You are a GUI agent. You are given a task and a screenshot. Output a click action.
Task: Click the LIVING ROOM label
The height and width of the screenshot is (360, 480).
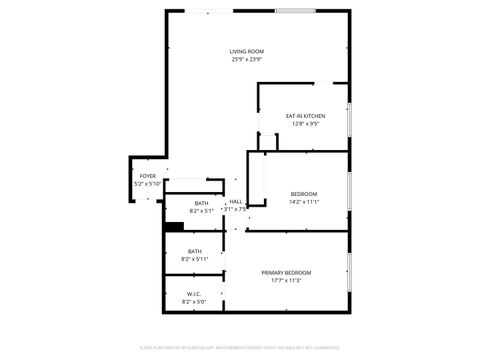[247, 51]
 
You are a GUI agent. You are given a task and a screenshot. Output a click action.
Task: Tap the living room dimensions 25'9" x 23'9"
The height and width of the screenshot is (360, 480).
[247, 59]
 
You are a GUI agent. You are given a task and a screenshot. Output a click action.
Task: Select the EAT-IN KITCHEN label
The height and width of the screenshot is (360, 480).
[306, 117]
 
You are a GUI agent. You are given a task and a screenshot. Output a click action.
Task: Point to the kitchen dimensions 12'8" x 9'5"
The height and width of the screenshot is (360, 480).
[306, 125]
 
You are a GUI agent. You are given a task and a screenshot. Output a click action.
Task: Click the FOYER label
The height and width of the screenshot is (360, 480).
[147, 176]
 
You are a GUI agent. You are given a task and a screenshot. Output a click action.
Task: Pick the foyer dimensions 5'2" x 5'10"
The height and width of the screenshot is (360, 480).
[147, 184]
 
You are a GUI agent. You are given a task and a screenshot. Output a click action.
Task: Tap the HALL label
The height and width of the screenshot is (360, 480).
[236, 202]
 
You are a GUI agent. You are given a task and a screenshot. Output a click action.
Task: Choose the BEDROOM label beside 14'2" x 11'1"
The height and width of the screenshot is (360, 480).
[304, 194]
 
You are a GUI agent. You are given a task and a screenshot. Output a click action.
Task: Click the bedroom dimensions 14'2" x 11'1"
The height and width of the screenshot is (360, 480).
[304, 202]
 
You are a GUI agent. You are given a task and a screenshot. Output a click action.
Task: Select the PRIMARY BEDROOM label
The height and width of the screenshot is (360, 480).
[286, 273]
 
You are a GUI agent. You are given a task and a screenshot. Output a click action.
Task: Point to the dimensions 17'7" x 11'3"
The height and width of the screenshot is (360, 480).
[286, 281]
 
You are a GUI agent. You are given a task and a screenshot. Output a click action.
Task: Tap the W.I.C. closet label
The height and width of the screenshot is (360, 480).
[194, 294]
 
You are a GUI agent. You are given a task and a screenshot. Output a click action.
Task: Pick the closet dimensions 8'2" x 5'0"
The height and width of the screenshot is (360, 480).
[194, 302]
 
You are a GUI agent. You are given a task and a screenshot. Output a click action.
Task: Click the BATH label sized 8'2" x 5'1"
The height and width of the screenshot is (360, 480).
[201, 203]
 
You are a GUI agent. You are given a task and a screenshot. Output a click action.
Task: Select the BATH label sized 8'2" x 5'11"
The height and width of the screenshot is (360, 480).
[194, 251]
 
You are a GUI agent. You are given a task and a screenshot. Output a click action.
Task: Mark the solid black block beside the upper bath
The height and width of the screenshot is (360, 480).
[173, 226]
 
